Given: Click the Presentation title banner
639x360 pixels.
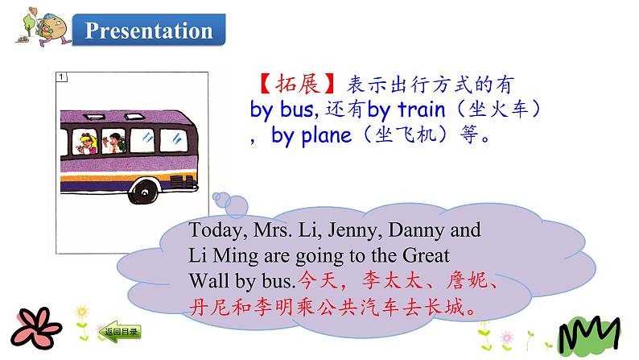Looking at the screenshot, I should point(149,31).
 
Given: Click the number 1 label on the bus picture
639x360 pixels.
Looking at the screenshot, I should point(62,78).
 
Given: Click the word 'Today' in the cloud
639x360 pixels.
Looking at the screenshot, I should point(212,230).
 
